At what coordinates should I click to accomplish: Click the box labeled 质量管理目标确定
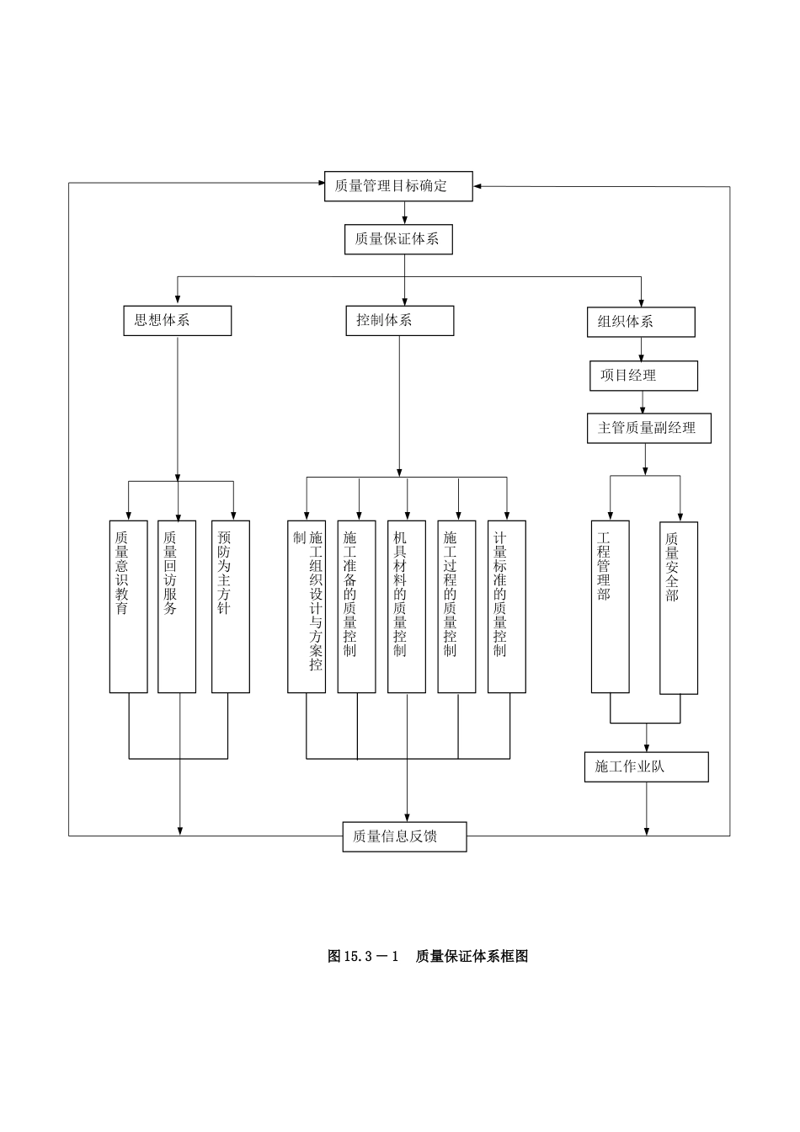pos(398,186)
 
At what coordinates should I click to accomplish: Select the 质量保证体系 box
pos(398,239)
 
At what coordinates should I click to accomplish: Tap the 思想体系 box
pos(177,320)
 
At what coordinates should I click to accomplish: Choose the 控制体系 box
pos(399,320)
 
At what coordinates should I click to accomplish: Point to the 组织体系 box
pos(641,322)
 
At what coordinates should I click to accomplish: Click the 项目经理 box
pos(643,376)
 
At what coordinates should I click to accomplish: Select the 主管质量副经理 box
pos(648,428)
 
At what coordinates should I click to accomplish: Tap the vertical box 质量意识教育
pos(128,606)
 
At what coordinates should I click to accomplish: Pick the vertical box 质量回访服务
pos(177,606)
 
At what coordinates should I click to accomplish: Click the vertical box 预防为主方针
pos(230,606)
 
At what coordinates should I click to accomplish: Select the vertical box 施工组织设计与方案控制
pos(307,606)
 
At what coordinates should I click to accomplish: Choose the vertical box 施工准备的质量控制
pos(356,606)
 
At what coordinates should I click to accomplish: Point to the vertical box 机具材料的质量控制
pos(407,606)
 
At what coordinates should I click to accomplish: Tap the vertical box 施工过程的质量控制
pos(456,606)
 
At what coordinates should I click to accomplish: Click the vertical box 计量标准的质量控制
pos(507,606)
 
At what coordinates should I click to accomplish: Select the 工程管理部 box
pos(610,606)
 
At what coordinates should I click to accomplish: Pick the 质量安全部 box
pos(678,607)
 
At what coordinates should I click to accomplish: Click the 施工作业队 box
pos(646,766)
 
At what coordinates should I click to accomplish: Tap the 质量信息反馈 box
pos(404,836)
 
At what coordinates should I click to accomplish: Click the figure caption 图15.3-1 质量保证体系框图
pos(428,956)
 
